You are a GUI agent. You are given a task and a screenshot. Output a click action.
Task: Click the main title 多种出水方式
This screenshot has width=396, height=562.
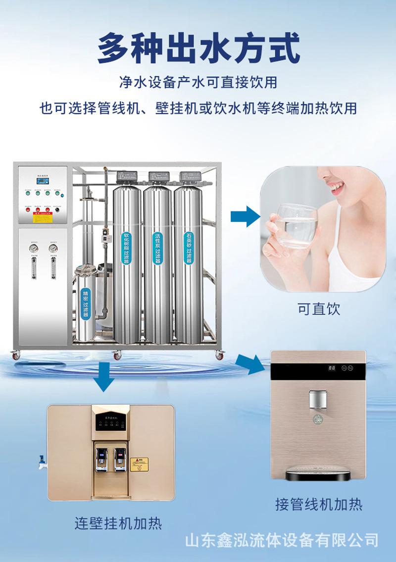pos(198,48)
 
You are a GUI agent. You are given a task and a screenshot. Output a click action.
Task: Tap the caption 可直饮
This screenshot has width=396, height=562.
pos(319,309)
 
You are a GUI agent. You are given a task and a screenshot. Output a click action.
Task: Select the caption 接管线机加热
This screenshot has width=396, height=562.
pos(319,504)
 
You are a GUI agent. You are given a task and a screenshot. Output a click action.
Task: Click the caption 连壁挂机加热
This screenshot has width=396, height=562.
pos(118,523)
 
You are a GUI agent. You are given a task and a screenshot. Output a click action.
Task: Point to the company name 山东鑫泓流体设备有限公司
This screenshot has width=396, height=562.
pos(282,540)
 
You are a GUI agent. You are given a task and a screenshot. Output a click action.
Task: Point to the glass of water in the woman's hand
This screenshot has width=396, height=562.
pos(296,226)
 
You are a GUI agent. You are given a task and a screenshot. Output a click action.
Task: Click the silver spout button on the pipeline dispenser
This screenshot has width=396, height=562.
pos(318,399)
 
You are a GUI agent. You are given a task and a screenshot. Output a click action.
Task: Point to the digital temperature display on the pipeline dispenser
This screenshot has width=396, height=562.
pos(332,368)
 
